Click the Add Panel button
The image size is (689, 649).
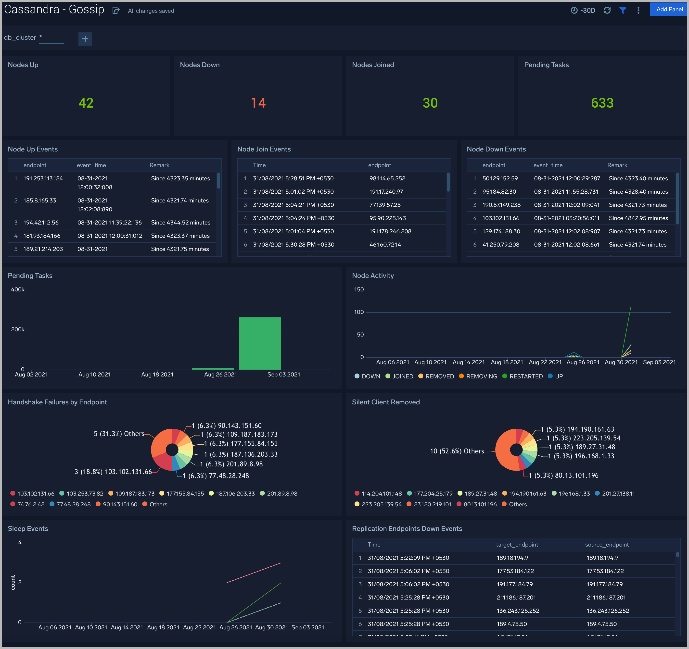(x=669, y=9)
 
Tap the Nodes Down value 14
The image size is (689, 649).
(x=258, y=103)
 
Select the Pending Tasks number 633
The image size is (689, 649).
(x=602, y=103)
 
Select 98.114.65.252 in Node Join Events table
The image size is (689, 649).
(x=387, y=178)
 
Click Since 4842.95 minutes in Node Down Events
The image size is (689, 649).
(x=638, y=218)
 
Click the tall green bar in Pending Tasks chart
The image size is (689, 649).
(x=260, y=343)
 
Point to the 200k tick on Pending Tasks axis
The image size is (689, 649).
(x=18, y=329)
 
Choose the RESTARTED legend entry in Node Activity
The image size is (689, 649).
(x=523, y=376)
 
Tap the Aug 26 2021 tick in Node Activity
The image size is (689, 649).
(x=583, y=362)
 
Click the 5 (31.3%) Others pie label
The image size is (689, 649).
(x=119, y=434)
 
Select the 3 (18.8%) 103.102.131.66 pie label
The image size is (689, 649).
(x=113, y=472)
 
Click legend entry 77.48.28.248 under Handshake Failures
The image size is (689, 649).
(x=70, y=504)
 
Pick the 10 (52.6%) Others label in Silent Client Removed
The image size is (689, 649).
(x=457, y=451)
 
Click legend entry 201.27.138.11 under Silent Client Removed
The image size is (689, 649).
(x=615, y=493)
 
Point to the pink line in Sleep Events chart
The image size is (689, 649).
(x=254, y=573)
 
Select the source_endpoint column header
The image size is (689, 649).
(x=607, y=544)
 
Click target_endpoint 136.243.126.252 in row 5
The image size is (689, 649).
(x=518, y=611)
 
